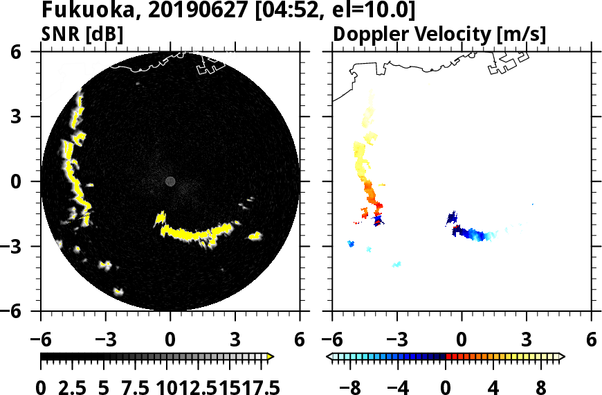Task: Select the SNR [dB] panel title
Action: pos(82,34)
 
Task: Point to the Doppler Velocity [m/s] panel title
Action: pos(441,34)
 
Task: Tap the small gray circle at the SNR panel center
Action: pos(170,182)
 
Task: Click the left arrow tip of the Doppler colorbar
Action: pos(329,357)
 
